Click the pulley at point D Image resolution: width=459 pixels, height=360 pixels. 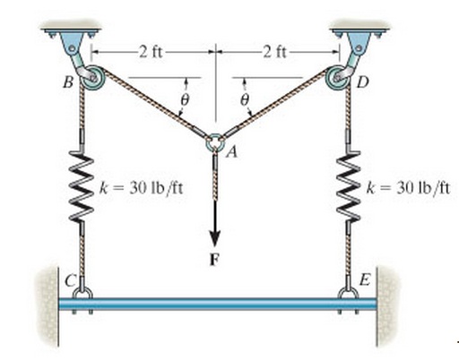(338, 77)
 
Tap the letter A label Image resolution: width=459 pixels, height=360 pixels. (232, 152)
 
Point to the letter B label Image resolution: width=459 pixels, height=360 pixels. (68, 82)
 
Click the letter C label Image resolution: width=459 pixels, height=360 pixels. (71, 280)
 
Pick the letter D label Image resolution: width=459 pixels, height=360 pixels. (363, 82)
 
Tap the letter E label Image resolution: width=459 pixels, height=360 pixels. (365, 280)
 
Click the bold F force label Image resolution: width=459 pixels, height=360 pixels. (214, 260)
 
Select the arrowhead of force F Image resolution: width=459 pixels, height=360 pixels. (214, 238)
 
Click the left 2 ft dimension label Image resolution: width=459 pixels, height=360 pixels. (152, 52)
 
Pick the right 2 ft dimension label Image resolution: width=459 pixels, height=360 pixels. (274, 52)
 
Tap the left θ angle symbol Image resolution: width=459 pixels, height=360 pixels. (186, 99)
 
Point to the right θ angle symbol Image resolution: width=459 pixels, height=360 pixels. (245, 99)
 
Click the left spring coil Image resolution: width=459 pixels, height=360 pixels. (82, 186)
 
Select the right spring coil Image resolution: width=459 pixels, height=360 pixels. (349, 185)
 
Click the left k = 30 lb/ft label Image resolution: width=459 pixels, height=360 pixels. (141, 188)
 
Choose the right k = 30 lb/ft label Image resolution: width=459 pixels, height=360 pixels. (408, 188)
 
